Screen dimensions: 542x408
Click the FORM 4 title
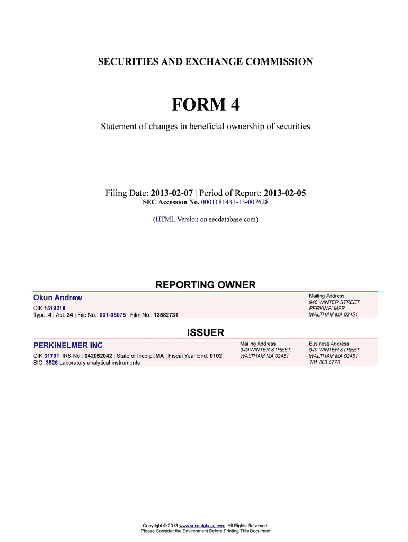click(x=205, y=105)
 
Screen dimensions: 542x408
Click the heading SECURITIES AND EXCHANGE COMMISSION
click(x=205, y=62)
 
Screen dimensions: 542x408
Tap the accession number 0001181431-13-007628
click(x=235, y=203)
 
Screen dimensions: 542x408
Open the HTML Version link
click(x=176, y=219)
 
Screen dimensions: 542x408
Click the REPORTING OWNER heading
click(x=205, y=285)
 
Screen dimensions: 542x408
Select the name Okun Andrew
click(x=58, y=298)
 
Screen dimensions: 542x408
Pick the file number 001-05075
click(x=112, y=315)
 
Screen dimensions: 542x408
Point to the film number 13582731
click(x=166, y=315)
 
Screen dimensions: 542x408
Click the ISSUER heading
click(x=206, y=333)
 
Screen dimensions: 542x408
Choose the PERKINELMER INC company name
click(x=68, y=346)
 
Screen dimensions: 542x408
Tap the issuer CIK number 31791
click(x=51, y=356)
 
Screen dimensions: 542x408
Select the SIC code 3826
click(x=51, y=363)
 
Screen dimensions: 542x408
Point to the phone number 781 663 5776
click(x=324, y=363)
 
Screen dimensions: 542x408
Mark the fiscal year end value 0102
click(x=216, y=356)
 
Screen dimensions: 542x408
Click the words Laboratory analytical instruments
click(x=100, y=363)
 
